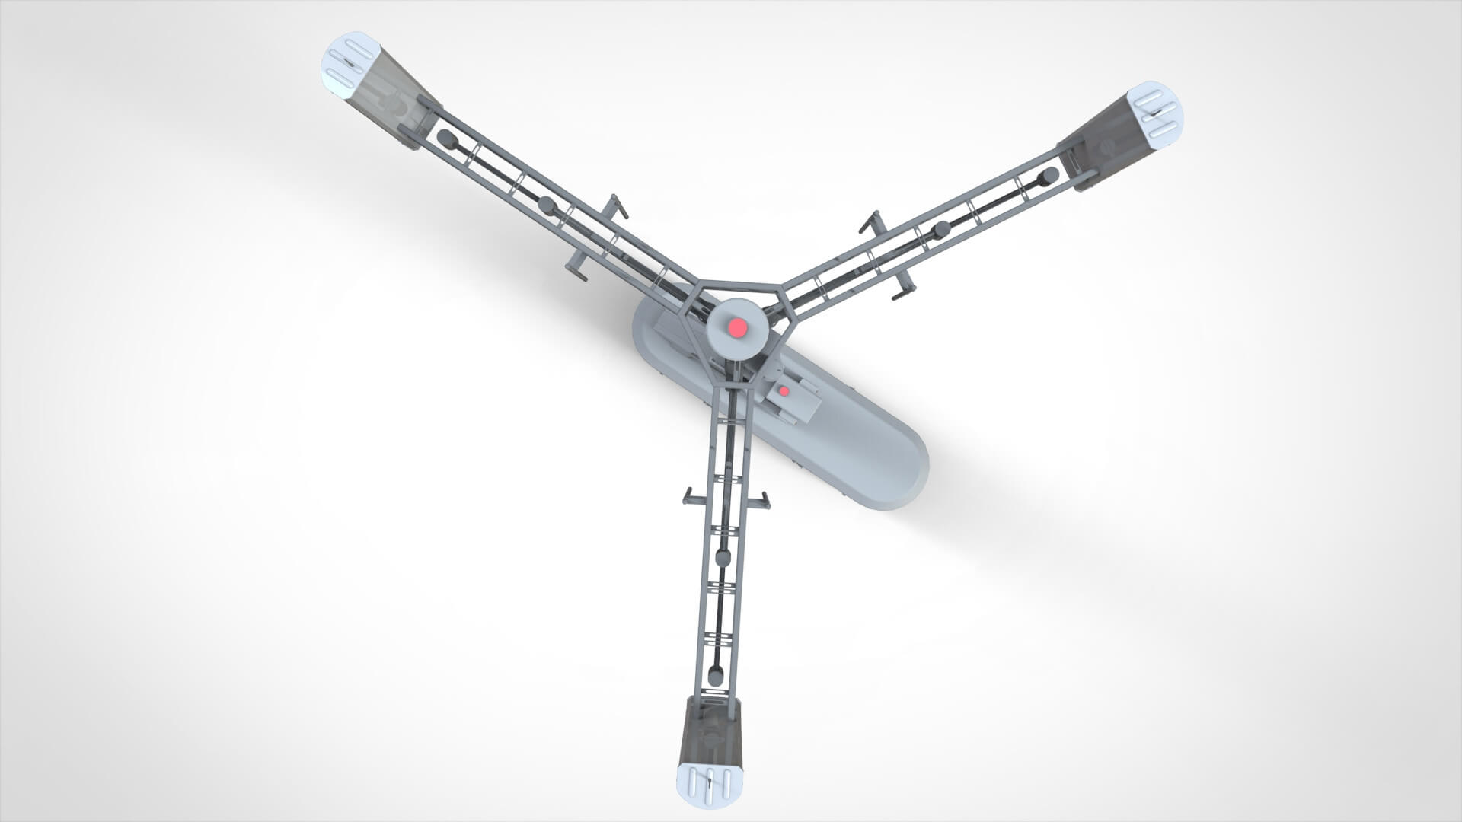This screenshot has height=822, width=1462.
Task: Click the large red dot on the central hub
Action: click(736, 328)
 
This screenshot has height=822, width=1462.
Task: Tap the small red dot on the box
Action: click(784, 391)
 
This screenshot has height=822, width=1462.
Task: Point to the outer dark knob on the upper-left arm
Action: click(447, 140)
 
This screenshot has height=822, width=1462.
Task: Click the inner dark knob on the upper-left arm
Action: click(546, 204)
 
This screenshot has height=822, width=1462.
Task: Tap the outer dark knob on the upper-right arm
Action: click(1049, 177)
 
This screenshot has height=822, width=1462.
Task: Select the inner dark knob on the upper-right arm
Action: click(942, 228)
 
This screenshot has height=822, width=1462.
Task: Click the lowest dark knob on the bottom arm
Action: click(716, 674)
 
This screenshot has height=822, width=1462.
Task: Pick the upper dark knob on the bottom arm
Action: click(724, 556)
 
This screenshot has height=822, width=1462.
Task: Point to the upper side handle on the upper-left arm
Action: click(618, 206)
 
